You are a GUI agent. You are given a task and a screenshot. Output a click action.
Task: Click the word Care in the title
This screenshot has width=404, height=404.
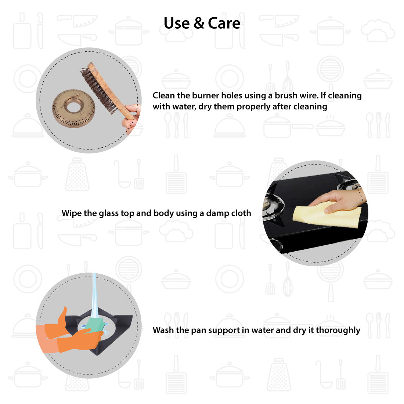(224, 23)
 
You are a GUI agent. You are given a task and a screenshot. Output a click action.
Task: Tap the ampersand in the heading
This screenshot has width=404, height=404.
(199, 23)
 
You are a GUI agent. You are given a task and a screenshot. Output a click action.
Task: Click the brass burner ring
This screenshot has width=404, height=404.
(74, 108)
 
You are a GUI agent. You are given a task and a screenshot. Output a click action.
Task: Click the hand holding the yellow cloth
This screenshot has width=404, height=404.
(338, 200)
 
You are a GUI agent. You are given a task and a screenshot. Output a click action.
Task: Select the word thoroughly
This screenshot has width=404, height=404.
(338, 330)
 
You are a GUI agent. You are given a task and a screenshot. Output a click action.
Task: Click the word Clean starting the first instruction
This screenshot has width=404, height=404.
(163, 95)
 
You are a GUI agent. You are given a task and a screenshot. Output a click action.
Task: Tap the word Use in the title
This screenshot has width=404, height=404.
(177, 23)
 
